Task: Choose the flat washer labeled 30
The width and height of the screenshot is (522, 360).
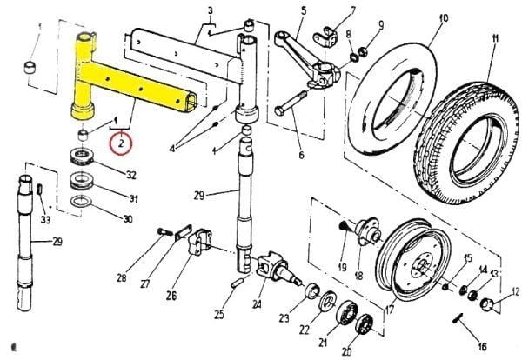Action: [x=81, y=206]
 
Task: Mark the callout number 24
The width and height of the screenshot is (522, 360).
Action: [x=256, y=304]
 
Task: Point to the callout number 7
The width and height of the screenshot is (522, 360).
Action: [x=328, y=11]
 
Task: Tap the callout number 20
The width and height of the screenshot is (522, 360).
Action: [x=348, y=350]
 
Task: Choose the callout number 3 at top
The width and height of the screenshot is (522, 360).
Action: [x=210, y=11]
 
